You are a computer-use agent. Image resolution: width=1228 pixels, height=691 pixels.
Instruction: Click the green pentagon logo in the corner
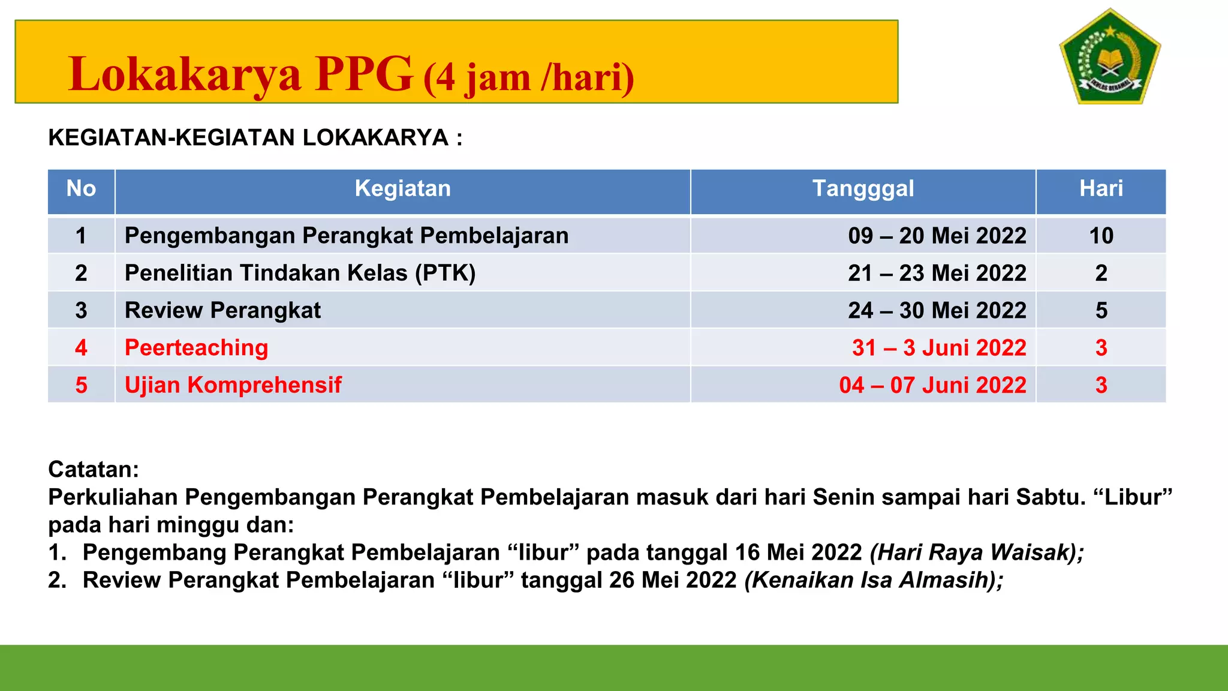pyautogui.click(x=1110, y=58)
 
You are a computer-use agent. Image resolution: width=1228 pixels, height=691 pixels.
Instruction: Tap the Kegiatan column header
pyautogui.click(x=402, y=189)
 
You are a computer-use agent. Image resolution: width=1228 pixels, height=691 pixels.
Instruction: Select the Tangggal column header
pyautogui.click(x=863, y=189)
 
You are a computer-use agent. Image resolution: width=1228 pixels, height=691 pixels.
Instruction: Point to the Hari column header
pyautogui.click(x=1101, y=189)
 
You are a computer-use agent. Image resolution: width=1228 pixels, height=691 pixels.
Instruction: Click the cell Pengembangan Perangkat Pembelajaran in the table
pyautogui.click(x=347, y=236)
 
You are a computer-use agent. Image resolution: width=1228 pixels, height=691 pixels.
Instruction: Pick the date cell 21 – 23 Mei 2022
pyautogui.click(x=937, y=274)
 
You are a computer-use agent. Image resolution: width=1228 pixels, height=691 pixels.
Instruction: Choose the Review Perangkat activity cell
pyautogui.click(x=222, y=311)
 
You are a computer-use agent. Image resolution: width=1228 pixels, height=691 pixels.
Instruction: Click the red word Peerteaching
pyautogui.click(x=196, y=348)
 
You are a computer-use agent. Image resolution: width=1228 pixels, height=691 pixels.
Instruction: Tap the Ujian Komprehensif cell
pyautogui.click(x=233, y=385)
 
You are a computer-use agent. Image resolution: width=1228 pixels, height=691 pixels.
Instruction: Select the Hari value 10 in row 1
pyautogui.click(x=1101, y=236)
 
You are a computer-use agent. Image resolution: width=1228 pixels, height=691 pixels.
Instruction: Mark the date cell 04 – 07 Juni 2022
pyautogui.click(x=932, y=385)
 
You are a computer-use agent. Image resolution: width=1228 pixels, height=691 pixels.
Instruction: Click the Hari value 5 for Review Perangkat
pyautogui.click(x=1101, y=311)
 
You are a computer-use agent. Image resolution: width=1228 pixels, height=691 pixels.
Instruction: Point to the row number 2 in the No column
pyautogui.click(x=81, y=274)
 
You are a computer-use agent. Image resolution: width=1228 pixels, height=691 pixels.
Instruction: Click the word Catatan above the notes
pyautogui.click(x=94, y=470)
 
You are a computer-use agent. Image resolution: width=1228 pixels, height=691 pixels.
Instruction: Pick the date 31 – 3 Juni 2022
pyautogui.click(x=939, y=348)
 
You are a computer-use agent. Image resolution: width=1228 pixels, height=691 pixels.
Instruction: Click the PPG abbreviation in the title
pyautogui.click(x=364, y=74)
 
